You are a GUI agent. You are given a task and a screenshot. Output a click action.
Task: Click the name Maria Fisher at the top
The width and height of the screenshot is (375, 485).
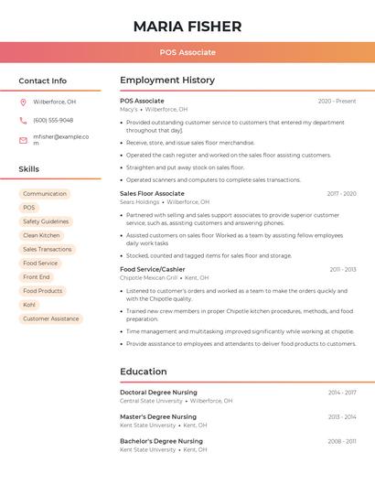coord(187,26)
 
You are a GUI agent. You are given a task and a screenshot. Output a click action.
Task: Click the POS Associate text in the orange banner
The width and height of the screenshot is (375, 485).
coord(187,53)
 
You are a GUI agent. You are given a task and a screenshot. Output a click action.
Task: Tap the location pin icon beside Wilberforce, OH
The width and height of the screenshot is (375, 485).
coord(23,102)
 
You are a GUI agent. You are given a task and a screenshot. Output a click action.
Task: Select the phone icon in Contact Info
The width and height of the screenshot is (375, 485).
coord(23,120)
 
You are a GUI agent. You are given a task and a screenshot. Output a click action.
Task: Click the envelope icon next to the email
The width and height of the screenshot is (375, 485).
coord(23,140)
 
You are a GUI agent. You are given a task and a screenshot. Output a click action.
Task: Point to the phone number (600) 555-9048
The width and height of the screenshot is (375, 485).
coord(53,120)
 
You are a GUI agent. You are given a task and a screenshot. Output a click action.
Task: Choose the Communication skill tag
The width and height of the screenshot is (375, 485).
coord(45,194)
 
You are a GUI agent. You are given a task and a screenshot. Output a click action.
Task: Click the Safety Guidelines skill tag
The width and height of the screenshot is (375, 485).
coord(46,221)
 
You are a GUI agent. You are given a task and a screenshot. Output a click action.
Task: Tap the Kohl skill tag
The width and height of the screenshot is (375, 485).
coord(29,305)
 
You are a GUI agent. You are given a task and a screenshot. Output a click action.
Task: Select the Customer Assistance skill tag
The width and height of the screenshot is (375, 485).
coord(51,318)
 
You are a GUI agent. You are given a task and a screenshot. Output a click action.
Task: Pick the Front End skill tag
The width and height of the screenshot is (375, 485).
coord(37,277)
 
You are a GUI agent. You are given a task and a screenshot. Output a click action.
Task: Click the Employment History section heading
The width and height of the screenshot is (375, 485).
coord(167,81)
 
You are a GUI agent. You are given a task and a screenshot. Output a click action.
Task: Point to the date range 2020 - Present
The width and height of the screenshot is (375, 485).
coord(337,101)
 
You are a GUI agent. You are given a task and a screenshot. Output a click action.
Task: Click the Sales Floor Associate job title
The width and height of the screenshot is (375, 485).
coord(152,194)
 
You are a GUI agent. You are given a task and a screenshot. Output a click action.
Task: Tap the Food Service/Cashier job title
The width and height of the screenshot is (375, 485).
coord(152,269)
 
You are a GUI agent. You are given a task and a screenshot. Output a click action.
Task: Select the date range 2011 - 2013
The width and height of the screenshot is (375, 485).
coord(343,269)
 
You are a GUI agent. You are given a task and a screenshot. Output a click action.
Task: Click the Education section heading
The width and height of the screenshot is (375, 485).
coord(144,372)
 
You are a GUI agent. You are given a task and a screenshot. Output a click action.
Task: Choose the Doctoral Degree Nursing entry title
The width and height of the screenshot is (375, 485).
coord(158,392)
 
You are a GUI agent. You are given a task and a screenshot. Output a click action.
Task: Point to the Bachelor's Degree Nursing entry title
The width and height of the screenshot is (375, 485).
coord(161,441)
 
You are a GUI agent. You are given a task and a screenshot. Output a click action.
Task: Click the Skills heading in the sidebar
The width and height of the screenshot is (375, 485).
coord(29,169)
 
